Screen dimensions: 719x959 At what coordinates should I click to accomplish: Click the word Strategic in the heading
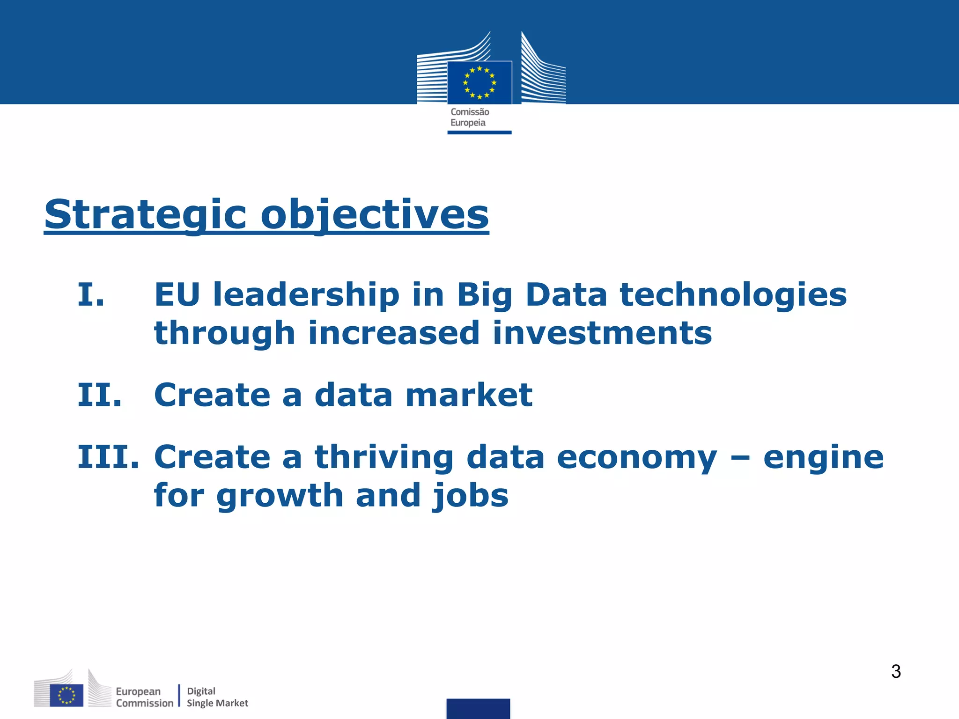point(145,214)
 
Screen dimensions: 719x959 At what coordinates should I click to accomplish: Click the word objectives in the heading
point(375,214)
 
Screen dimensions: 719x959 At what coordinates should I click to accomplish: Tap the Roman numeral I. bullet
point(91,295)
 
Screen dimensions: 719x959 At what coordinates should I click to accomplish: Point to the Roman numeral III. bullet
point(108,457)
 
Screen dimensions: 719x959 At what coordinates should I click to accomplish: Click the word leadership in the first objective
point(306,295)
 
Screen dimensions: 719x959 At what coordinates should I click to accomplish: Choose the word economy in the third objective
point(637,458)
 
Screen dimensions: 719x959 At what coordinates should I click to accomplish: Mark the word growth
point(280,496)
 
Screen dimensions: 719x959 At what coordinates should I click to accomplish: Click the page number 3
point(896,672)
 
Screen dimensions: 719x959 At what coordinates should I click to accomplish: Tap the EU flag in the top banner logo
point(479,83)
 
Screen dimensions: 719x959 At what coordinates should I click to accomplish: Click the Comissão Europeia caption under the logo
point(470,117)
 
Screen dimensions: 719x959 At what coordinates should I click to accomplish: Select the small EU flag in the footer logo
point(66,695)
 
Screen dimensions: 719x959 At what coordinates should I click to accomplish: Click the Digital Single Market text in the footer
point(217,697)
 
